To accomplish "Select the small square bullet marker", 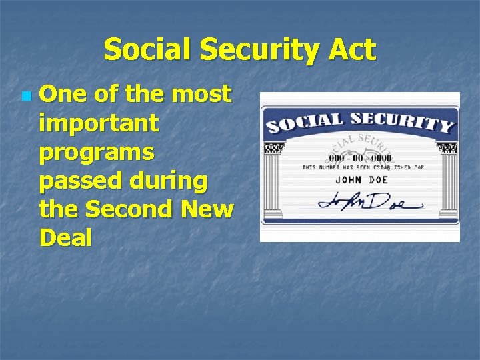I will pos(25,97).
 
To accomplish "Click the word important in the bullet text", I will pos(99,124).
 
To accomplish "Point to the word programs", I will pos(97,153).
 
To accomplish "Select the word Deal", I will pos(65,238).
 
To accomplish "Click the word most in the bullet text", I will pos(201,95).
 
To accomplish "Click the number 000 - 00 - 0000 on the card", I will pos(359,157).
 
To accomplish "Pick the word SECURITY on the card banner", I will pos(403,121).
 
